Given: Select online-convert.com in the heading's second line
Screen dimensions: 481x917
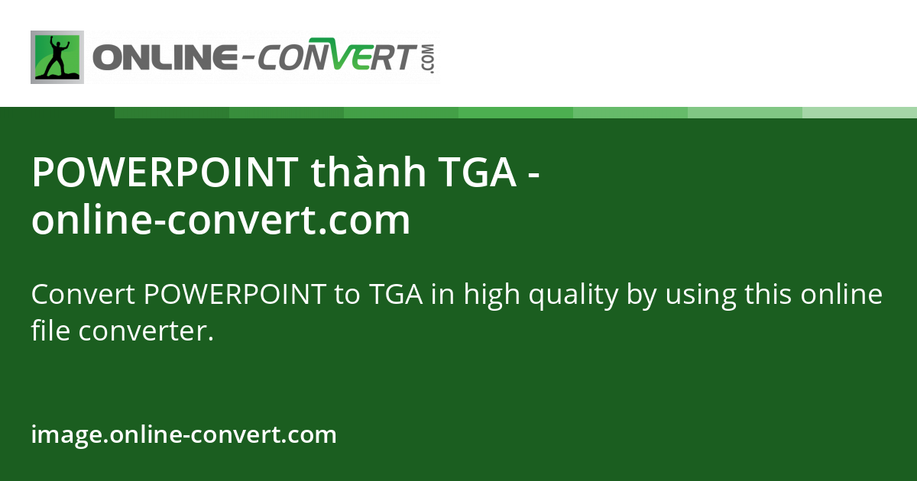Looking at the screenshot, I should click(221, 221).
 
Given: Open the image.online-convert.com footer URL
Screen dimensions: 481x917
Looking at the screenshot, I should click(184, 434).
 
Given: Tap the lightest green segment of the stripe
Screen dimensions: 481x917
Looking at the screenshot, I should click(860, 112).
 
